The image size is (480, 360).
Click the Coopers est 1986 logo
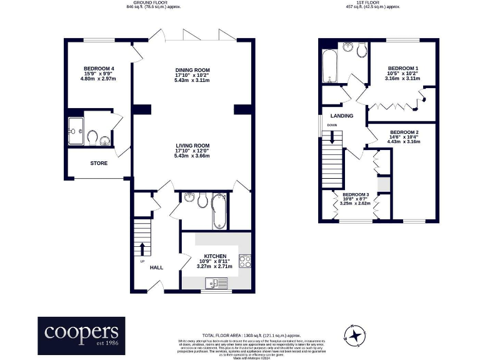point(81,336)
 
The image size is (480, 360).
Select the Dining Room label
point(192,69)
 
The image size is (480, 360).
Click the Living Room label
point(192,145)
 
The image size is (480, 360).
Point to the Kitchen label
point(214,256)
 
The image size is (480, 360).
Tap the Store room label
point(99,163)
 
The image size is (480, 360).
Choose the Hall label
point(156,267)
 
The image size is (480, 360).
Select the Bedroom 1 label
point(402,67)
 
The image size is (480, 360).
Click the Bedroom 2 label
point(404,132)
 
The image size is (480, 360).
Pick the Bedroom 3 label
point(355,194)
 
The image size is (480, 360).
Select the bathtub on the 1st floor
point(329,67)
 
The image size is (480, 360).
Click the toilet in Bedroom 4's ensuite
point(92,136)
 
